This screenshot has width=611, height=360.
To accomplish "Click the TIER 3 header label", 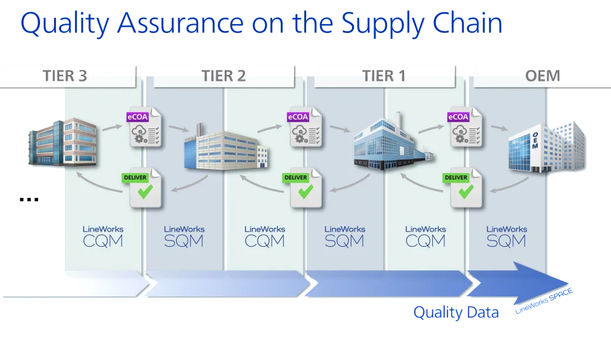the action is (x=65, y=76).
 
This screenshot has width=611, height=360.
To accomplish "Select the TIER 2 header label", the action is (x=223, y=76).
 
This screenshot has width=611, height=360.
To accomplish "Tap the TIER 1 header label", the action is (x=384, y=76).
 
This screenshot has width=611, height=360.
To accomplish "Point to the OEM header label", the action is (x=542, y=76).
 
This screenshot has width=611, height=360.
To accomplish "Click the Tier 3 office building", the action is (x=62, y=142).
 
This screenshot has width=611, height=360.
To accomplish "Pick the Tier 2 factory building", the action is (x=226, y=148).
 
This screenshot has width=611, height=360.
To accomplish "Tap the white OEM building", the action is (x=547, y=147).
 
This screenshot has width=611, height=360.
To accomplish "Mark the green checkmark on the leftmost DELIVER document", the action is (x=145, y=191).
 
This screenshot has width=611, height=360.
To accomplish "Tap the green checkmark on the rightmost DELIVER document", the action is (x=466, y=191).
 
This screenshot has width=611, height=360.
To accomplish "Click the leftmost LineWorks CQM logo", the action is (x=103, y=237).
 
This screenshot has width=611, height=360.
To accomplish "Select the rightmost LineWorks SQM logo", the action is (x=507, y=237).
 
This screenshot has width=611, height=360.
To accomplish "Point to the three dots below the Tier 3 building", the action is (x=29, y=200).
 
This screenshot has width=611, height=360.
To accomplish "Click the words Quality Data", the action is (x=456, y=312).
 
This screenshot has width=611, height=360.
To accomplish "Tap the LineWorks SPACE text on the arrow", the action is (x=544, y=301).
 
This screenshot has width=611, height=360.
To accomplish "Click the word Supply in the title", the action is (x=383, y=24).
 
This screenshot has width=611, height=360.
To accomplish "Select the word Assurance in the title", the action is (x=180, y=23).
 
